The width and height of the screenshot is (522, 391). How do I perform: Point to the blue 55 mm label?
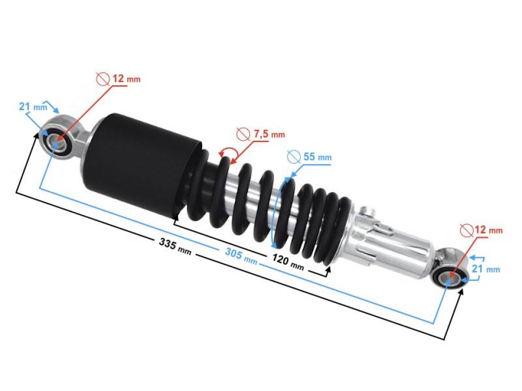pyautogui.click(x=316, y=157)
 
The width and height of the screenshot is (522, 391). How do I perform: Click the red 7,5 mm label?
pyautogui.click(x=269, y=134)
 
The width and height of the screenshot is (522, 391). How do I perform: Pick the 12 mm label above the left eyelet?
pyautogui.click(x=126, y=79)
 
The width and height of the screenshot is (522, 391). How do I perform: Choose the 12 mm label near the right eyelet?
pyautogui.click(x=488, y=230)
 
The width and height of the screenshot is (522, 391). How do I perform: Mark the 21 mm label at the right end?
pyautogui.click(x=493, y=269)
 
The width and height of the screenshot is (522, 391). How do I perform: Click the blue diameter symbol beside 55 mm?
pyautogui.click(x=294, y=156)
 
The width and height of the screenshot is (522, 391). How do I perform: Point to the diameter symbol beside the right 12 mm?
pyautogui.click(x=465, y=230)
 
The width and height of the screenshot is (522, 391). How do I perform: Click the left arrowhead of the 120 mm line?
pyautogui.click(x=175, y=221)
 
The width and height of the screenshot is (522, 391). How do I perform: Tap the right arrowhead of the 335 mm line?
pyautogui.click(x=463, y=292)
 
